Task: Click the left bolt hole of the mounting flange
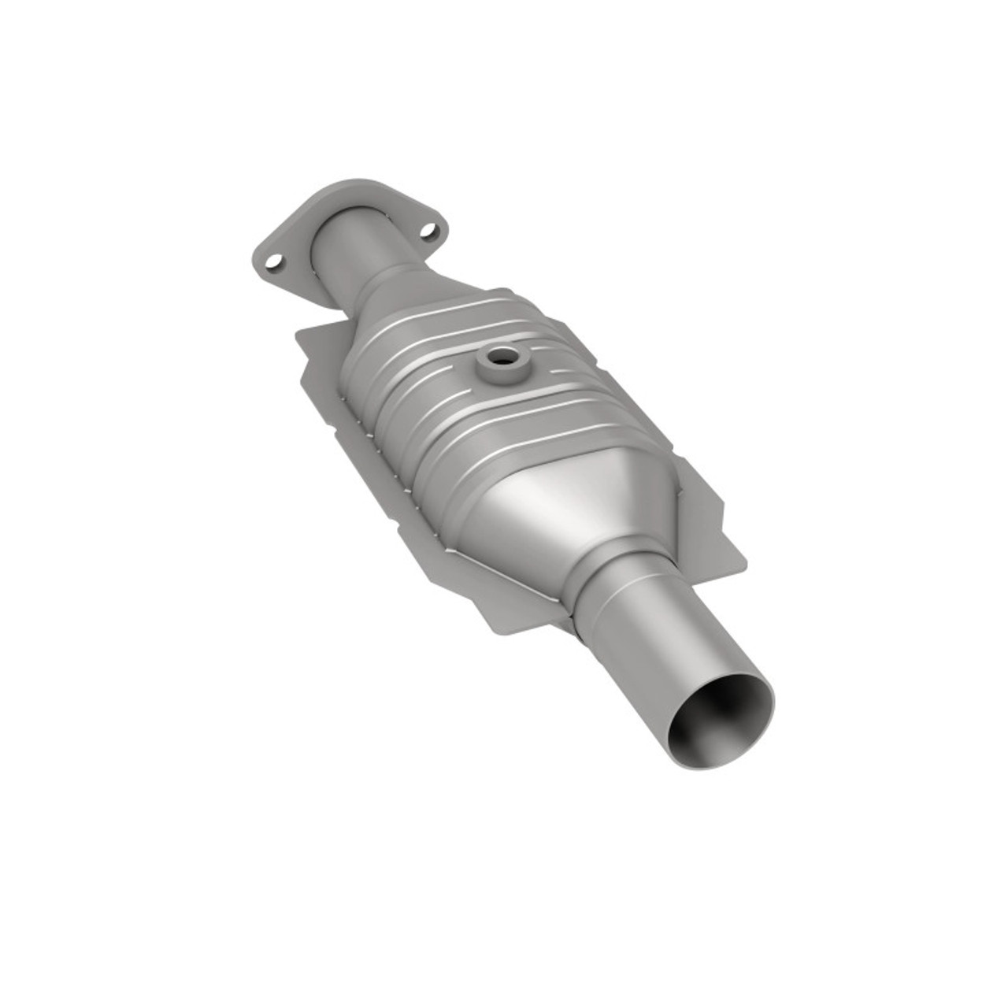273,259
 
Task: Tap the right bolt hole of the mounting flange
428,231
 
